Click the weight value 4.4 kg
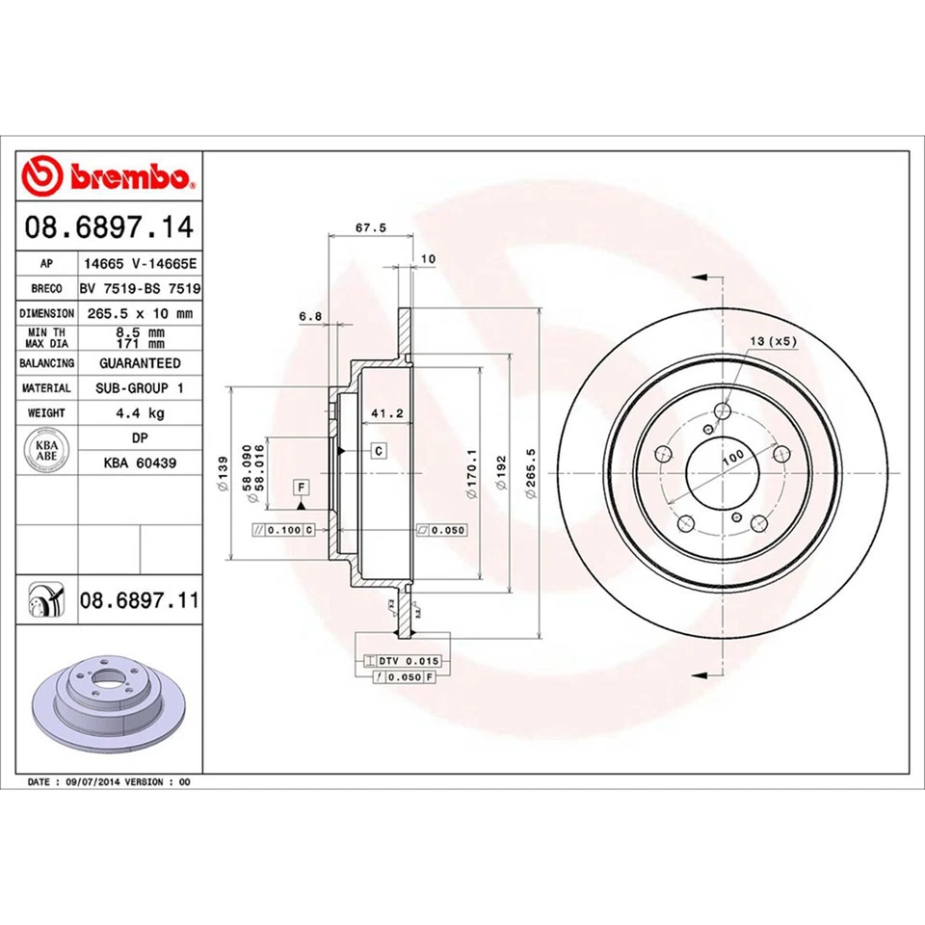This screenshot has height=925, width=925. [140, 412]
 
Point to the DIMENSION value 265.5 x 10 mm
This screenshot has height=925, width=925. [140, 313]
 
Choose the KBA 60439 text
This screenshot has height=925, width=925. [140, 462]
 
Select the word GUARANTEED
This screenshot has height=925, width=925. [140, 363]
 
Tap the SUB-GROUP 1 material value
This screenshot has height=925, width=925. [140, 387]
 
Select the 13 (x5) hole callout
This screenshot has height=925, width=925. [773, 341]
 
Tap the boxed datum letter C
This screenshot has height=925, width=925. [379, 450]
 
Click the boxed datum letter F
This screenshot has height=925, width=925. [301, 487]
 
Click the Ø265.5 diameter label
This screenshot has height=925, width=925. [530, 474]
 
